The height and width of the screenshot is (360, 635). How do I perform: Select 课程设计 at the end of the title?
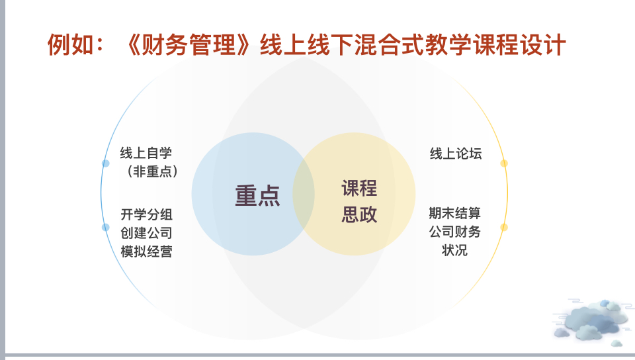(519, 44)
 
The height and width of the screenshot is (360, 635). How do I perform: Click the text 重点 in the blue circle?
(257, 196)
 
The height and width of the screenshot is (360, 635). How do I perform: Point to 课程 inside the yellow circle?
(359, 189)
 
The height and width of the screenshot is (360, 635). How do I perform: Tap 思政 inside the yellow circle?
(359, 214)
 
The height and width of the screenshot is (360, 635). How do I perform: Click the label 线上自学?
(146, 153)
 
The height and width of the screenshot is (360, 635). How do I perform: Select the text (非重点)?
(153, 171)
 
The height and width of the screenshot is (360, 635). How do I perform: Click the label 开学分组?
(147, 214)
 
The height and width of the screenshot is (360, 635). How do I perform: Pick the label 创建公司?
(147, 233)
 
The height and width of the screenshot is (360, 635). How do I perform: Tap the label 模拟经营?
(147, 251)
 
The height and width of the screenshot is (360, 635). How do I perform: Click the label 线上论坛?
(456, 154)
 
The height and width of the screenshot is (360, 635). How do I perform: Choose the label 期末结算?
(455, 213)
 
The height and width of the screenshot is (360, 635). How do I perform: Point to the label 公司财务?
(455, 232)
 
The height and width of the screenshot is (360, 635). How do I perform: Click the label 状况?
(455, 250)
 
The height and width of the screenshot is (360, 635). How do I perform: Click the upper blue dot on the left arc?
(106, 163)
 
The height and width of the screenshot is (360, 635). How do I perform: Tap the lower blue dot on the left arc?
(106, 227)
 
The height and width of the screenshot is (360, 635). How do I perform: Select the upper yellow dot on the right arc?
(504, 163)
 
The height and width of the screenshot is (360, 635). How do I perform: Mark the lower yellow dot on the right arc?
(504, 227)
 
